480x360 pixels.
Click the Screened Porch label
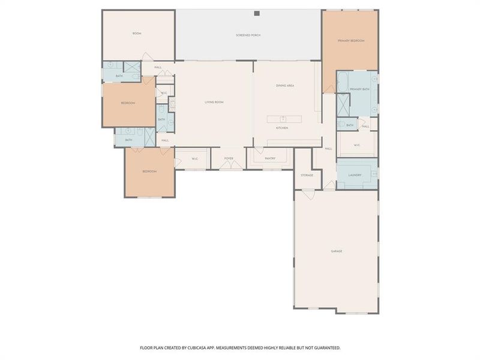coord(248,35)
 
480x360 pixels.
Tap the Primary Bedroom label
coord(351,40)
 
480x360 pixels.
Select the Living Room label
coord(214,103)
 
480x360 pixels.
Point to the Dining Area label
coord(285,86)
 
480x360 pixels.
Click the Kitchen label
coord(282,128)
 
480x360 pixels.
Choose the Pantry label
coord(269,158)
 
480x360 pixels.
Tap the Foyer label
coord(229,158)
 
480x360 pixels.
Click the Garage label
coord(337,251)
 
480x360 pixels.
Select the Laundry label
coord(355,175)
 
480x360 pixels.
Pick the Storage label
coord(307,175)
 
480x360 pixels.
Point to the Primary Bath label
coord(359,89)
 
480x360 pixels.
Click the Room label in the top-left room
coord(137,34)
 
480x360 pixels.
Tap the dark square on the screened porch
coord(256,13)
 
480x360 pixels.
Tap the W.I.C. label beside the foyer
coord(195,158)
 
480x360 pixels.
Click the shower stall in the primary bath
coord(344,106)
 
